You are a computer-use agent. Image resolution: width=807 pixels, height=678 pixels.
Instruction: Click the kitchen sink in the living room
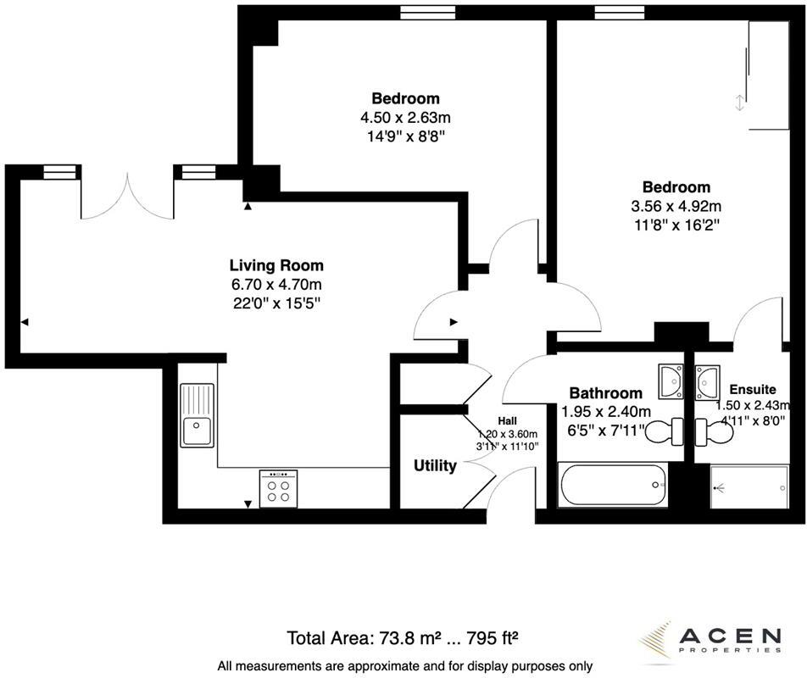pos(197,415)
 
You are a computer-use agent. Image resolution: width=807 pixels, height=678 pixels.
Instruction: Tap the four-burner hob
pos(278,489)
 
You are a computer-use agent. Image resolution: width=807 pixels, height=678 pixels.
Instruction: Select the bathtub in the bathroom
pos(613,485)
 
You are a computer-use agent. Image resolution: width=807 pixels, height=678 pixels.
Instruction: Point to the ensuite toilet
pos(714,431)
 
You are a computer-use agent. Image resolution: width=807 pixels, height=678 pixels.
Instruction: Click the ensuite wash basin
pos(708,382)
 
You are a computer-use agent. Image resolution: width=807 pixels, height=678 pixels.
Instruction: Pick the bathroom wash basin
pos(671,381)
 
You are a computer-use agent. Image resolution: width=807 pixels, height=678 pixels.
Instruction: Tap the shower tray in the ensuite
pos(749,486)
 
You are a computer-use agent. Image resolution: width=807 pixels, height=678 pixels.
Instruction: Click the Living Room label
pos(276,265)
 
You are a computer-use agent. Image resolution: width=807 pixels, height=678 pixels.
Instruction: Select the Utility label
pos(435,465)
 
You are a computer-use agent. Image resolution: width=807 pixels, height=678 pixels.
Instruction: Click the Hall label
pos(507,421)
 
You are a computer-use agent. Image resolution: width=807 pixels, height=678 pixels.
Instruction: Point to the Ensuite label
pos(753,389)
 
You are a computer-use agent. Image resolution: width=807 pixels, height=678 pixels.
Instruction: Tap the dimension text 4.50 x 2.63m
pos(405,118)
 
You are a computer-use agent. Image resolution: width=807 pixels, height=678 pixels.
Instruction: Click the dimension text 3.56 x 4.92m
pos(676,206)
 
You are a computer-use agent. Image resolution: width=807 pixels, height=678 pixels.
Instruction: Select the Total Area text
pos(402,638)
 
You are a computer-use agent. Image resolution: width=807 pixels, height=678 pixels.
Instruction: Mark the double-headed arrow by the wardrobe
pos(739,103)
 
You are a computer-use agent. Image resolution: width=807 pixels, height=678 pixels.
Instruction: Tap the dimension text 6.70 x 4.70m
pos(276,285)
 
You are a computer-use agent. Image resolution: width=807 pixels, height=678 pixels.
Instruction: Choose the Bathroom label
pos(606,393)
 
